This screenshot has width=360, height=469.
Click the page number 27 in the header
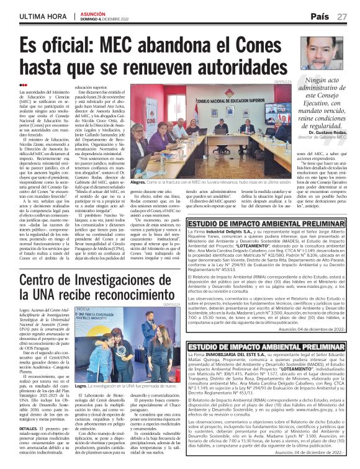(349, 16)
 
